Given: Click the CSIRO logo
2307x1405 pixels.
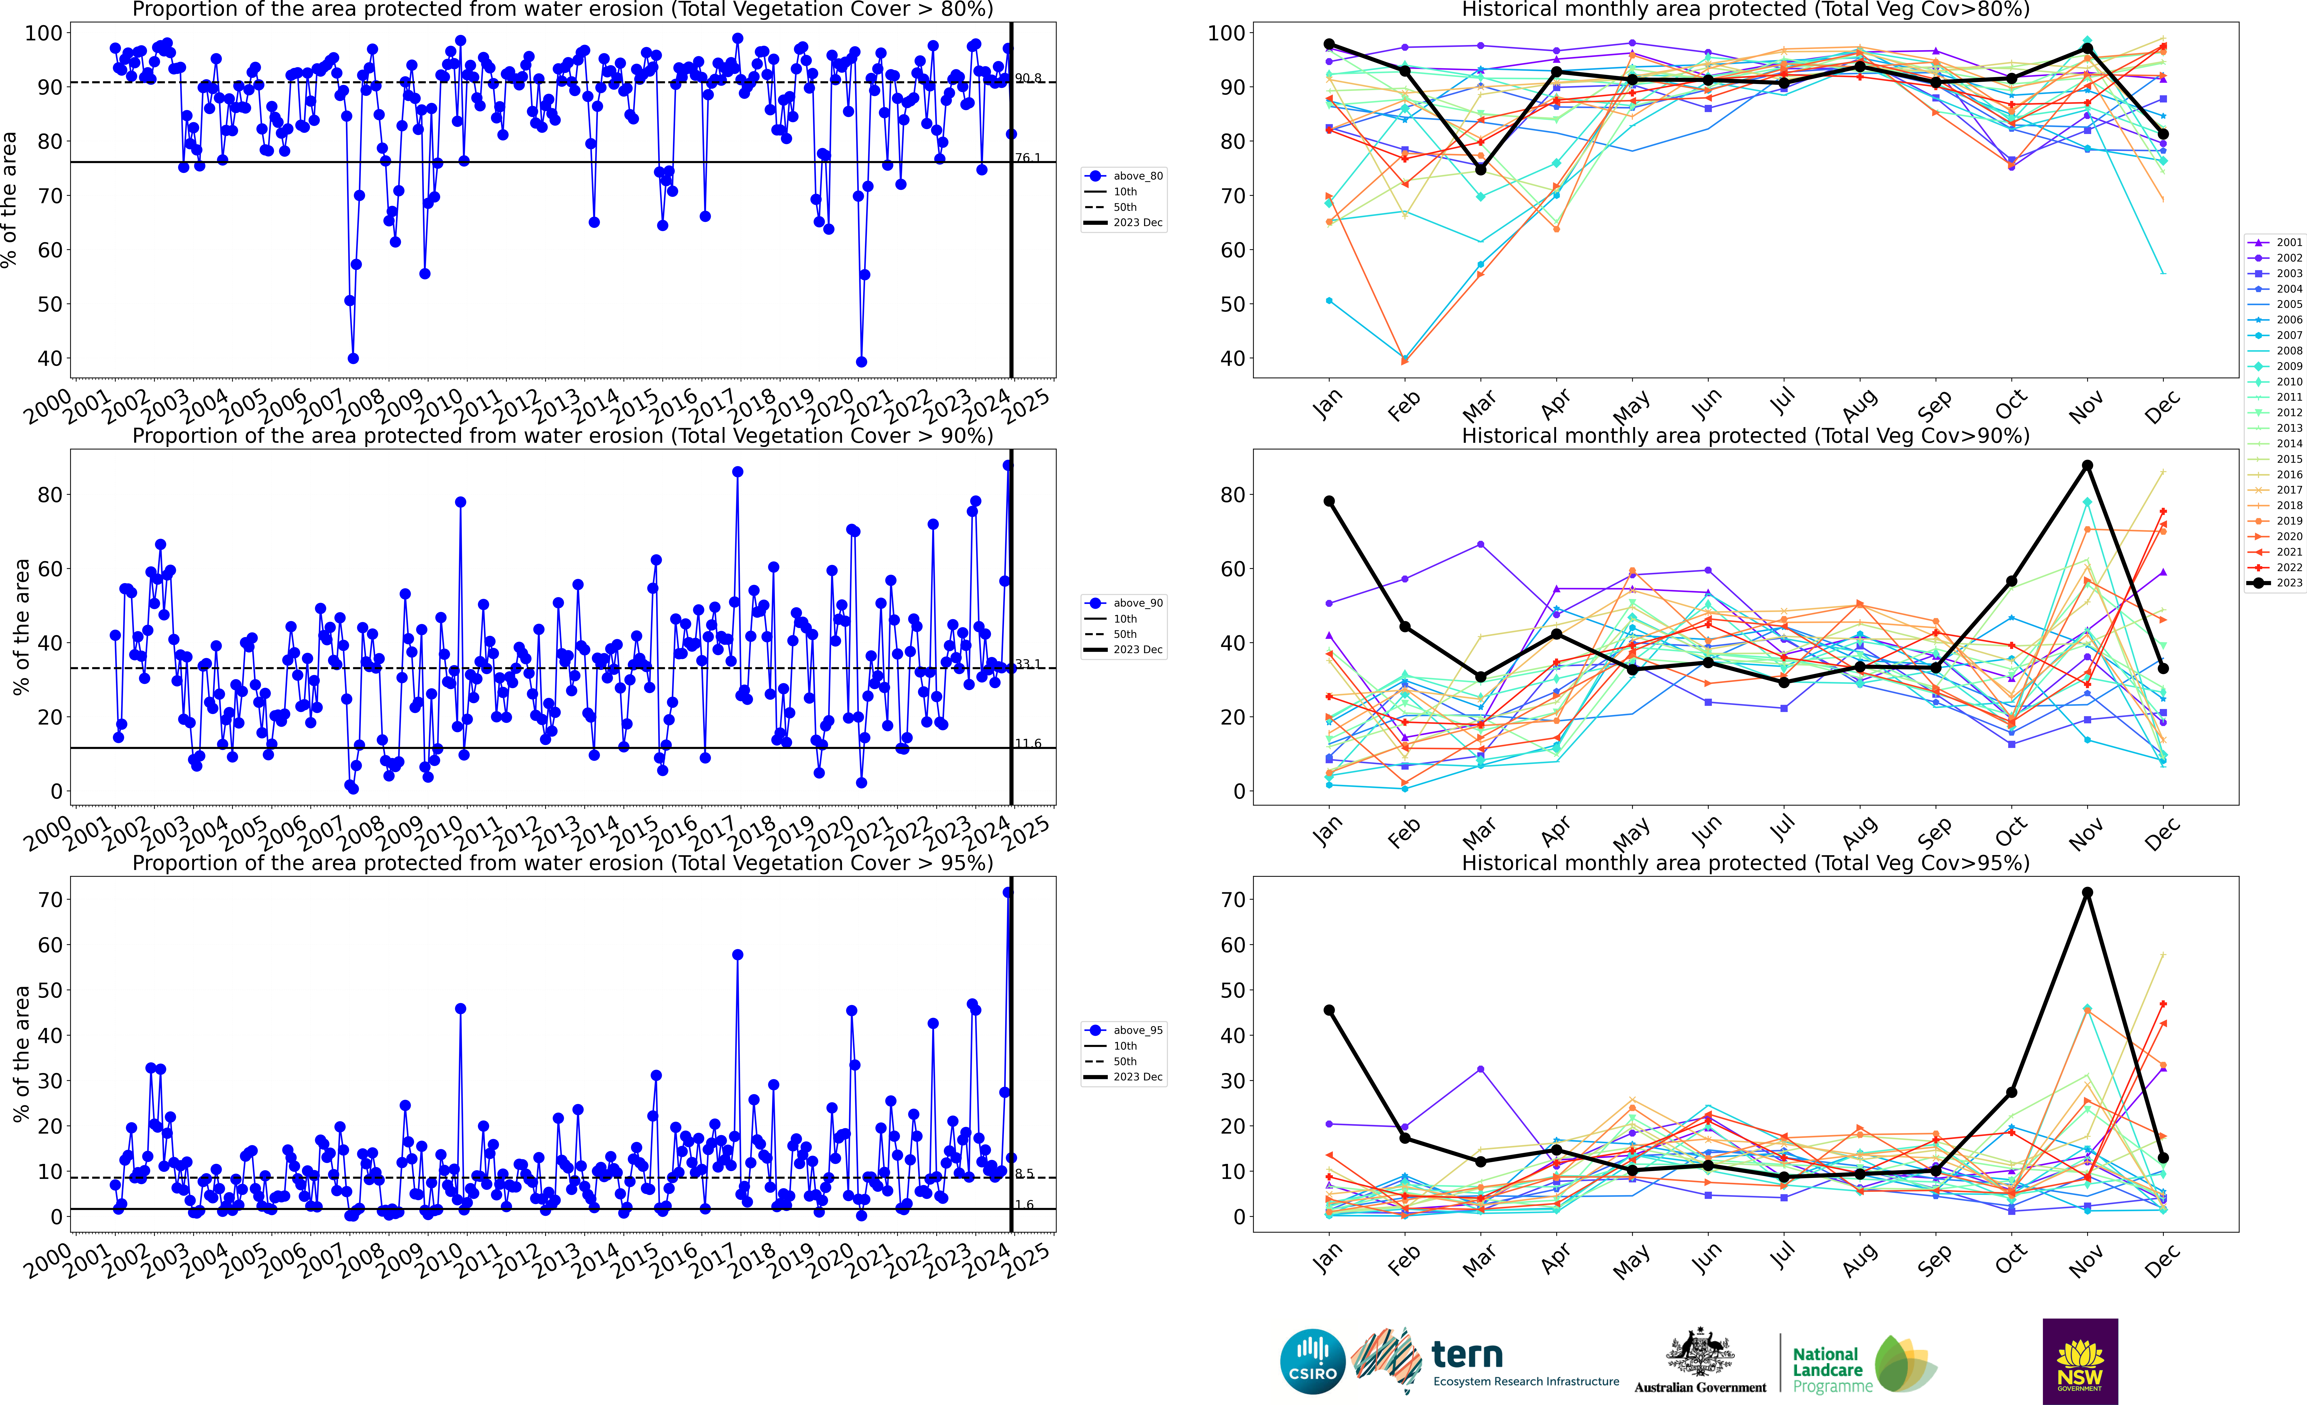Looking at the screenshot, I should coord(1313,1361).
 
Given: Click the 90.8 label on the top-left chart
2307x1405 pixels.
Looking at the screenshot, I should coord(1028,78).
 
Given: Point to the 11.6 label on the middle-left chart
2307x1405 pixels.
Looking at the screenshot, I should coord(1028,744).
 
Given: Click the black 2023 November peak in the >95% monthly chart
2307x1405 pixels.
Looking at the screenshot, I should coord(2087,893).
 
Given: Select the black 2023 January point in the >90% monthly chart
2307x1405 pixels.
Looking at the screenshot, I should coord(1329,501).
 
